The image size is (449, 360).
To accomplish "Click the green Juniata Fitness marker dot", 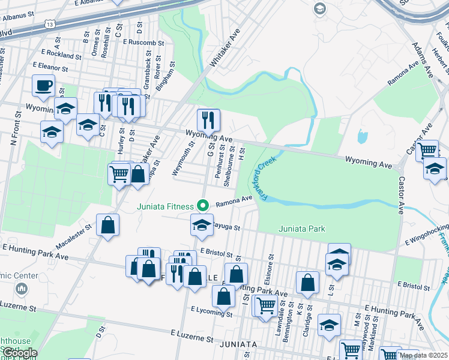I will [203, 206].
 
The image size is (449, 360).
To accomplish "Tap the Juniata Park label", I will [301, 229].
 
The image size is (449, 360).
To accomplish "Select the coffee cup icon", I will [43, 85].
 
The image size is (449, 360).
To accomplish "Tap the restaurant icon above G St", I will [208, 120].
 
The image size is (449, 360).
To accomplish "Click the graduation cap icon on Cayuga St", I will [202, 225].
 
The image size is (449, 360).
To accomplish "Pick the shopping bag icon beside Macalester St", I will [107, 226].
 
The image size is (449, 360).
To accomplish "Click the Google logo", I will [19, 353].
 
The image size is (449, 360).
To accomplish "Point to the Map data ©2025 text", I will [423, 355].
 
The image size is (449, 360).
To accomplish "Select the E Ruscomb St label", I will [143, 43].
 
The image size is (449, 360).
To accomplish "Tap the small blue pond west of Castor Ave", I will [361, 137].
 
